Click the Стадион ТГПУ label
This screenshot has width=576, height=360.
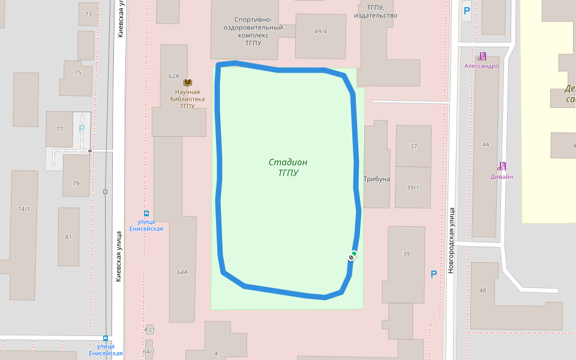(288, 167)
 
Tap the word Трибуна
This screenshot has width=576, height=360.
(377, 179)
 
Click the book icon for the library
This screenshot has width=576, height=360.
(188, 82)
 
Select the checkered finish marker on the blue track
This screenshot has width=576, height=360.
(350, 257)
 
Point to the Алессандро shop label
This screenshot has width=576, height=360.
(481, 66)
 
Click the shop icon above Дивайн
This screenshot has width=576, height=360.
(502, 166)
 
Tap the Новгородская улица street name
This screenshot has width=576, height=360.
(451, 240)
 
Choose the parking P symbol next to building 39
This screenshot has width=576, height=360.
(434, 274)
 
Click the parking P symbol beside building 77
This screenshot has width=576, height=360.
(82, 128)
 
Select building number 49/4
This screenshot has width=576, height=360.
(320, 31)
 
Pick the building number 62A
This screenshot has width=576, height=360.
(174, 76)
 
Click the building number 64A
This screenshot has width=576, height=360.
(182, 272)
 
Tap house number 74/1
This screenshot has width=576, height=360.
(23, 209)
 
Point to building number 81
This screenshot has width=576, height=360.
(68, 237)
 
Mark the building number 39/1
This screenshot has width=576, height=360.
(413, 187)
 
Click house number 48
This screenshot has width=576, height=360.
(482, 290)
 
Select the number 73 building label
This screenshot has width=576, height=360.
(88, 14)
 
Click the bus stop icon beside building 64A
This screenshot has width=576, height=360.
(146, 213)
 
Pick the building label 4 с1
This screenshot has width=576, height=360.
(149, 330)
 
